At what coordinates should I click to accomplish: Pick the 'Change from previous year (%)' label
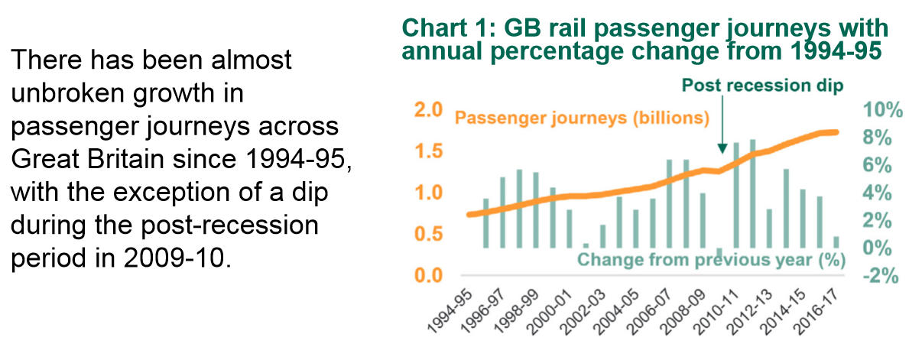710,260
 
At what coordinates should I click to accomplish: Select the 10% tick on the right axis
882,110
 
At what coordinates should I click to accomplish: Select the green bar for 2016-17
836,242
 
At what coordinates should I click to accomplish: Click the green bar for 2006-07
670,204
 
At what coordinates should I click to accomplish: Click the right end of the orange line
836,132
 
